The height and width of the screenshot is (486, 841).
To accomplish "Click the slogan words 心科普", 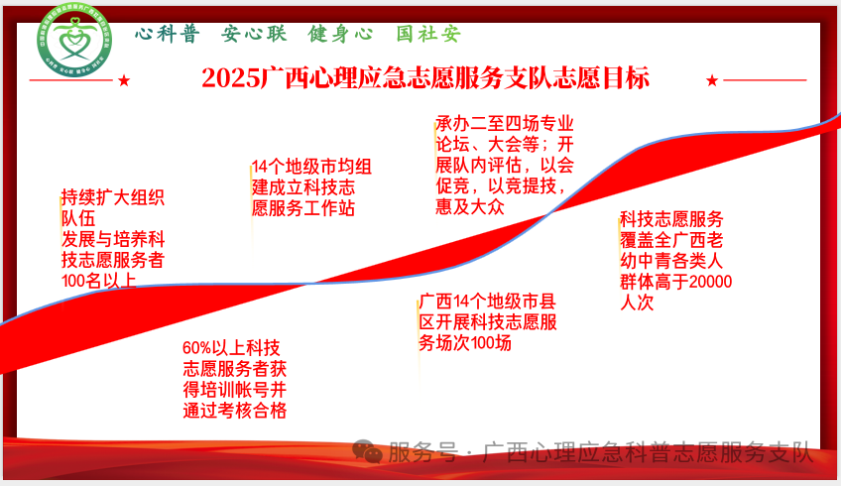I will coord(167,35).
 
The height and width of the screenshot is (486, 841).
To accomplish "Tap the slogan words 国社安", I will coord(428,35).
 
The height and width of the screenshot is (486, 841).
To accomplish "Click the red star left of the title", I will coord(124,80).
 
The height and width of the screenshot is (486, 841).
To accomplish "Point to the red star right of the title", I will coord(711,80).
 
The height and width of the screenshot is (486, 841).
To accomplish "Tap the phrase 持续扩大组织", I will coord(113,196).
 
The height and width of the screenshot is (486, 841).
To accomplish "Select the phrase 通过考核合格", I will coord(235,411).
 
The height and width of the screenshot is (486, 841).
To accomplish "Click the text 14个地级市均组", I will coord(311,167).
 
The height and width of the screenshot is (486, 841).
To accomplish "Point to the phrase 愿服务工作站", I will coord(303,209).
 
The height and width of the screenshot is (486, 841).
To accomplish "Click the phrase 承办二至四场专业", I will coord(505,123).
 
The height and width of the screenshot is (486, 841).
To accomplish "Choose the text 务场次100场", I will coord(465,343).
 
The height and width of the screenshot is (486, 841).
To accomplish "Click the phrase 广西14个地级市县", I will coord(486,301).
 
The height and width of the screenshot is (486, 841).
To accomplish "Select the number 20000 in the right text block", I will coord(709,282).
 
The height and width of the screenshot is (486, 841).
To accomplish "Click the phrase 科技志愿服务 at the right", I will coord(671,219).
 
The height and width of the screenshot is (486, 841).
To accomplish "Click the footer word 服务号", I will coord(423,454).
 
